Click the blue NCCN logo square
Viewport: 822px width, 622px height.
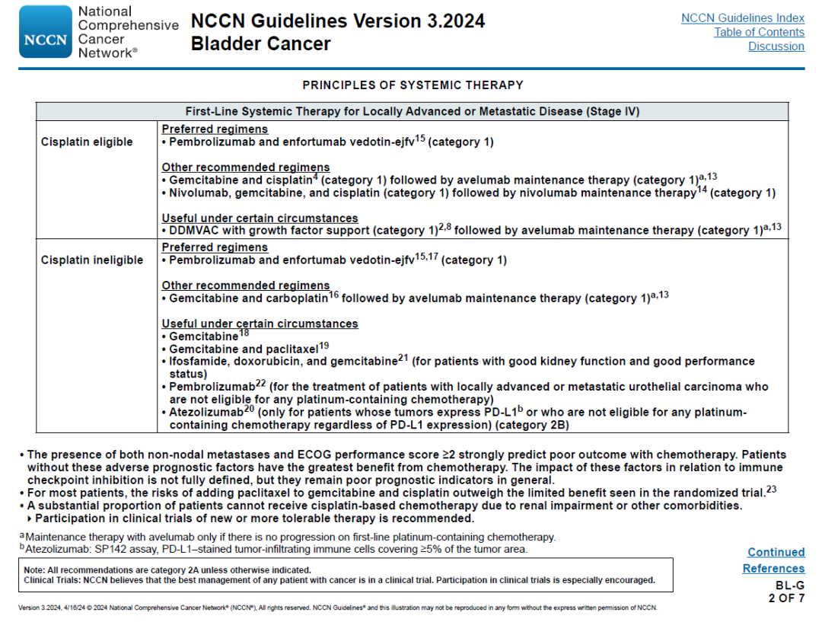click(45, 33)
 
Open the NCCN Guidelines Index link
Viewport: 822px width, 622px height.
click(742, 18)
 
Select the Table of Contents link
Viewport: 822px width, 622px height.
click(759, 32)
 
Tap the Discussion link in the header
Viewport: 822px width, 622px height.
click(776, 46)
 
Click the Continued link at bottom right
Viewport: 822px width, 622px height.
click(776, 552)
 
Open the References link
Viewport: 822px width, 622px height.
click(773, 569)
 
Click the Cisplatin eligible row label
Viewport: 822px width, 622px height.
click(87, 142)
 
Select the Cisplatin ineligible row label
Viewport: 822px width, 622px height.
click(92, 260)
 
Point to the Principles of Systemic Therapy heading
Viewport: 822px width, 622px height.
click(413, 85)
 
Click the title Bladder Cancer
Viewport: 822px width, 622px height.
click(260, 43)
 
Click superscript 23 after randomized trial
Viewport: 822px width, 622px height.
click(771, 490)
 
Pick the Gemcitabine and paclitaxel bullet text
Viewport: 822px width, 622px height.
click(243, 349)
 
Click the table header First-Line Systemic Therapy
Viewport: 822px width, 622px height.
click(412, 111)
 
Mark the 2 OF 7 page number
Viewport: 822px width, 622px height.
click(785, 598)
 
